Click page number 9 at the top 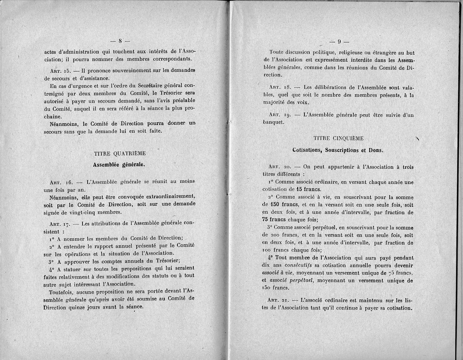[x=340, y=42]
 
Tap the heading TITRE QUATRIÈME [x=120, y=153]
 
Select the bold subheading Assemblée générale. [x=119, y=164]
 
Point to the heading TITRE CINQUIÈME [x=339, y=138]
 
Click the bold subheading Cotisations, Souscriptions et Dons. [x=338, y=150]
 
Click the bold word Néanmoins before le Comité [x=64, y=123]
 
